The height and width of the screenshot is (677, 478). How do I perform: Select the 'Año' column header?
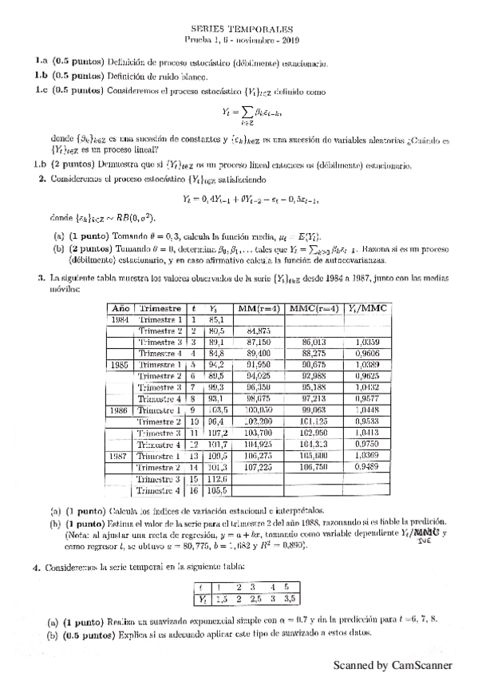coord(120,308)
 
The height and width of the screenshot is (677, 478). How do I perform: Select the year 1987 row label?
coord(120,456)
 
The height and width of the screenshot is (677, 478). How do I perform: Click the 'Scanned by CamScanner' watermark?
coord(393,664)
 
